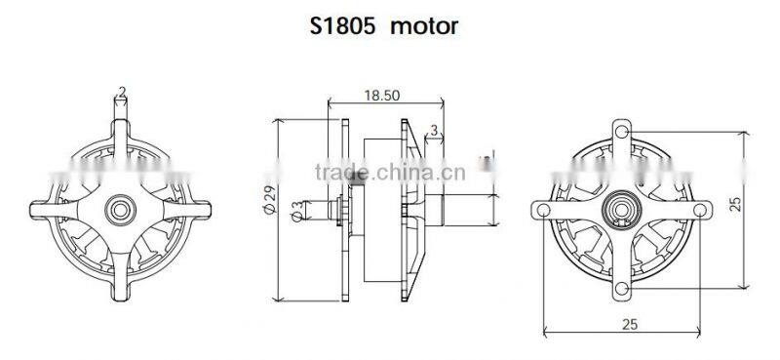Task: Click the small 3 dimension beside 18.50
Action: click(433, 130)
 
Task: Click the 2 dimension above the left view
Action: click(121, 93)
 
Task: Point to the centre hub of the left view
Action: click(121, 207)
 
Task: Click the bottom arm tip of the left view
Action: click(121, 290)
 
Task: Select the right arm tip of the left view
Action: click(204, 207)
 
